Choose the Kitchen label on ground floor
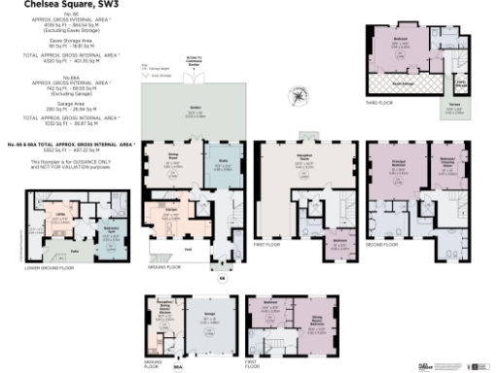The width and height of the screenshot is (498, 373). coord(167,209)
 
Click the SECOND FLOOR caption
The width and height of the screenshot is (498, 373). coord(383,245)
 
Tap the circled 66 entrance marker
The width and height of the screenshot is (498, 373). coord(221,278)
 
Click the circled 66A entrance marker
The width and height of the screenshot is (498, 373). coord(177,368)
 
